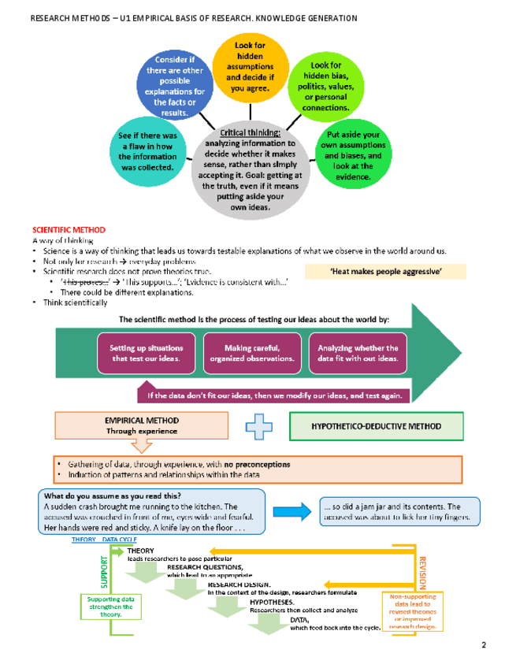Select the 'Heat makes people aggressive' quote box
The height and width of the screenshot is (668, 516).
click(396, 272)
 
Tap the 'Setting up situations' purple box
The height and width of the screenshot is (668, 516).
click(146, 353)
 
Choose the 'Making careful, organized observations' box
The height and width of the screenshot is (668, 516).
click(252, 353)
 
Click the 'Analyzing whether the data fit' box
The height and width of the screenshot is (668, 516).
click(358, 353)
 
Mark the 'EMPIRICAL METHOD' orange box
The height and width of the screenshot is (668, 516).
click(142, 425)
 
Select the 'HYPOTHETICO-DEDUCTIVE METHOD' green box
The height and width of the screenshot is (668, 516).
click(375, 426)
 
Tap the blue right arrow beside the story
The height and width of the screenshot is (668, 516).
click(292, 512)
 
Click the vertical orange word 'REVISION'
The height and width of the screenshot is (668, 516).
click(422, 572)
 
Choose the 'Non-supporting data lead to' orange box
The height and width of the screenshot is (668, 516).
click(413, 611)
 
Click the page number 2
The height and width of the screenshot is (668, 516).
click(484, 646)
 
